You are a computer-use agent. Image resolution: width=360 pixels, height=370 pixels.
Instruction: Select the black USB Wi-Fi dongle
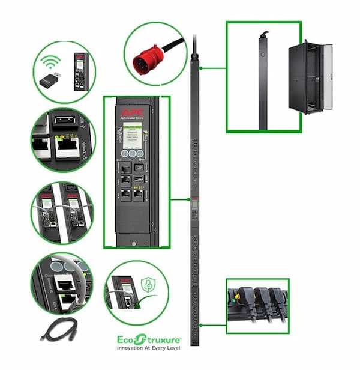click(x=52, y=82)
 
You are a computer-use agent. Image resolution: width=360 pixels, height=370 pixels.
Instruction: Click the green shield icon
click(x=148, y=286)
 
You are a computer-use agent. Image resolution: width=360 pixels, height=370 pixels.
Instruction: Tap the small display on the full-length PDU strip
click(x=194, y=211)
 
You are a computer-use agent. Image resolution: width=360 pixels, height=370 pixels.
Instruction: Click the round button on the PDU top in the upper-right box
click(x=262, y=54)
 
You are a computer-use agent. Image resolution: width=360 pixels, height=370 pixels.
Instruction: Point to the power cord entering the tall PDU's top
click(x=194, y=46)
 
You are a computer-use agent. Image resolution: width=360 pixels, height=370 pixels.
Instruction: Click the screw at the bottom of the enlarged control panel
click(x=131, y=243)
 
